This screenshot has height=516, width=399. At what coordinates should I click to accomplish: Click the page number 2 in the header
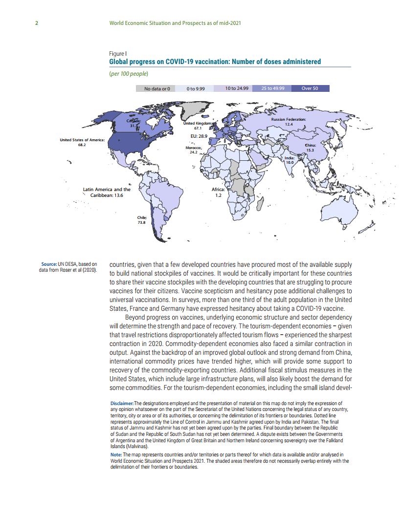pos(37,23)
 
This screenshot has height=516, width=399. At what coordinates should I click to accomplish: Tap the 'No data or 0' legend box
pos(157,88)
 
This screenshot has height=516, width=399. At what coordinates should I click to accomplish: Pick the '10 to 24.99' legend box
pos(237,88)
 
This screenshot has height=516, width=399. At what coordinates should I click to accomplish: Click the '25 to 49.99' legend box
pos(276,88)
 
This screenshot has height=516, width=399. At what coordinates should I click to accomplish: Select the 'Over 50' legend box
pos(310,88)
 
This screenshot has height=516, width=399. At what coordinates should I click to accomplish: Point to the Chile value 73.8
pos(142,222)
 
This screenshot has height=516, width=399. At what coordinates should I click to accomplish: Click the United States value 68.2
pos(82,145)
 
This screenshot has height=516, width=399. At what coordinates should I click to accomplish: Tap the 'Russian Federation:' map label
pos(288,119)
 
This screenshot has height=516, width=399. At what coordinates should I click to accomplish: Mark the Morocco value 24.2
pos(194,152)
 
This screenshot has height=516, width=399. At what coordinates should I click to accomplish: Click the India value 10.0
pos(290,162)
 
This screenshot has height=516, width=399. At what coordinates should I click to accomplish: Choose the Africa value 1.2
pos(218,195)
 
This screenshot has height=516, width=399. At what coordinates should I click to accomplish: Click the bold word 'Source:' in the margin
pos(49,264)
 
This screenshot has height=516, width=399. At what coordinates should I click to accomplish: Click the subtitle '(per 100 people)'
pos(129,74)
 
